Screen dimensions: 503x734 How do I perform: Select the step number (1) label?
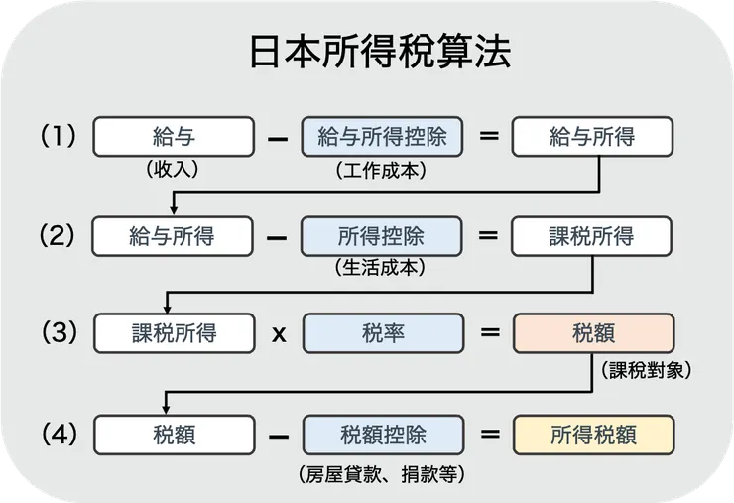point(58,136)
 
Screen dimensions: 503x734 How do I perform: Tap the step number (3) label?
point(58,333)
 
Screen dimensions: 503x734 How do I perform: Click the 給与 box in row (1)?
point(173,137)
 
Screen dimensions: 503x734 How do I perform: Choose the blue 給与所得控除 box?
point(383,137)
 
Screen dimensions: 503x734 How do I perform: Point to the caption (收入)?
point(173,170)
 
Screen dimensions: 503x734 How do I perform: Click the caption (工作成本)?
point(382,170)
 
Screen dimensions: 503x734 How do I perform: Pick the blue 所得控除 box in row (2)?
point(383,236)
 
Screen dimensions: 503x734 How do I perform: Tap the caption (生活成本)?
point(382,269)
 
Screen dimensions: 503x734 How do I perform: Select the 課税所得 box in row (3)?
point(173,334)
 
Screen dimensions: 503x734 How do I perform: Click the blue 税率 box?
point(383,334)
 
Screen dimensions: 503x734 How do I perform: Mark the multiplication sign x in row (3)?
point(279,334)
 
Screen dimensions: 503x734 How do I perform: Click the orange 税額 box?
point(593,334)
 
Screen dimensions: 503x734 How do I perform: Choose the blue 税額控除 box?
point(383,435)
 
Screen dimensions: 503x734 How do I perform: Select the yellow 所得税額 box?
point(593,435)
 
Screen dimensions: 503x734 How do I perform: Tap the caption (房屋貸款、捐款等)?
point(382,473)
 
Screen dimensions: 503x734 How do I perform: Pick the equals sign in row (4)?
point(488,435)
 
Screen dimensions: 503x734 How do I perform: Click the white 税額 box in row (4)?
point(173,435)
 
